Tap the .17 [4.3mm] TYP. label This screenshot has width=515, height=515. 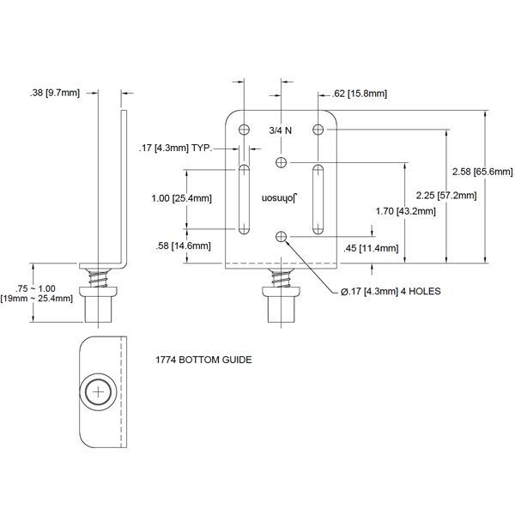(x=175, y=148)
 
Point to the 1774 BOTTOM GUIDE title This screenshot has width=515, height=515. (x=203, y=360)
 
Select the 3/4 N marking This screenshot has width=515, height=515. (x=281, y=130)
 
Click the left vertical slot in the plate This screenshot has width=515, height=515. (x=245, y=197)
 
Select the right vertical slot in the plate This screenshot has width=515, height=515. (x=318, y=197)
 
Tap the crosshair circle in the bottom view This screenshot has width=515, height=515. (x=100, y=392)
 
